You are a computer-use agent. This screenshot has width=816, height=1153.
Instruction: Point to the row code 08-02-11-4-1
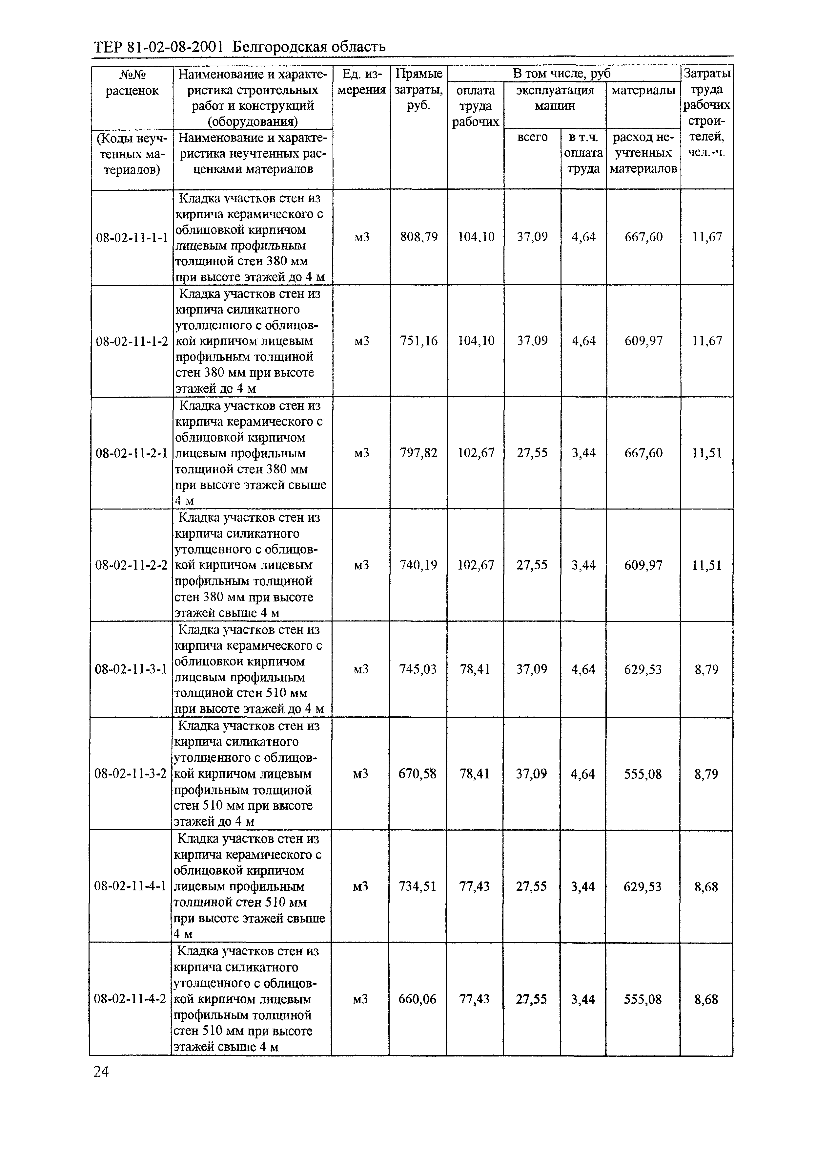[x=130, y=886]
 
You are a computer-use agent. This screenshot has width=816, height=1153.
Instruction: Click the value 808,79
[x=418, y=237]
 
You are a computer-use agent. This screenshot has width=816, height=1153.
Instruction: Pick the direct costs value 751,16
[x=418, y=341]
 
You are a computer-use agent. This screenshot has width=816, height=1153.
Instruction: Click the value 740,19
[x=418, y=565]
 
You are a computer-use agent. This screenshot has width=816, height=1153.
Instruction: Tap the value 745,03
[x=418, y=669]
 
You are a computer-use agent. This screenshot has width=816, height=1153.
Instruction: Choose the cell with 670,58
[x=418, y=774]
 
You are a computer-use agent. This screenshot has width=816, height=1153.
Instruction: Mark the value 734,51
[x=417, y=886]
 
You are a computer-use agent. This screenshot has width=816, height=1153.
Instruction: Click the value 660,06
[x=417, y=999]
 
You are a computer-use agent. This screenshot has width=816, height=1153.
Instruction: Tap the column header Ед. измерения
[x=362, y=82]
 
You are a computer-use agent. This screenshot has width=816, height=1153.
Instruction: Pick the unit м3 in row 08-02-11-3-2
[x=361, y=774]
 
